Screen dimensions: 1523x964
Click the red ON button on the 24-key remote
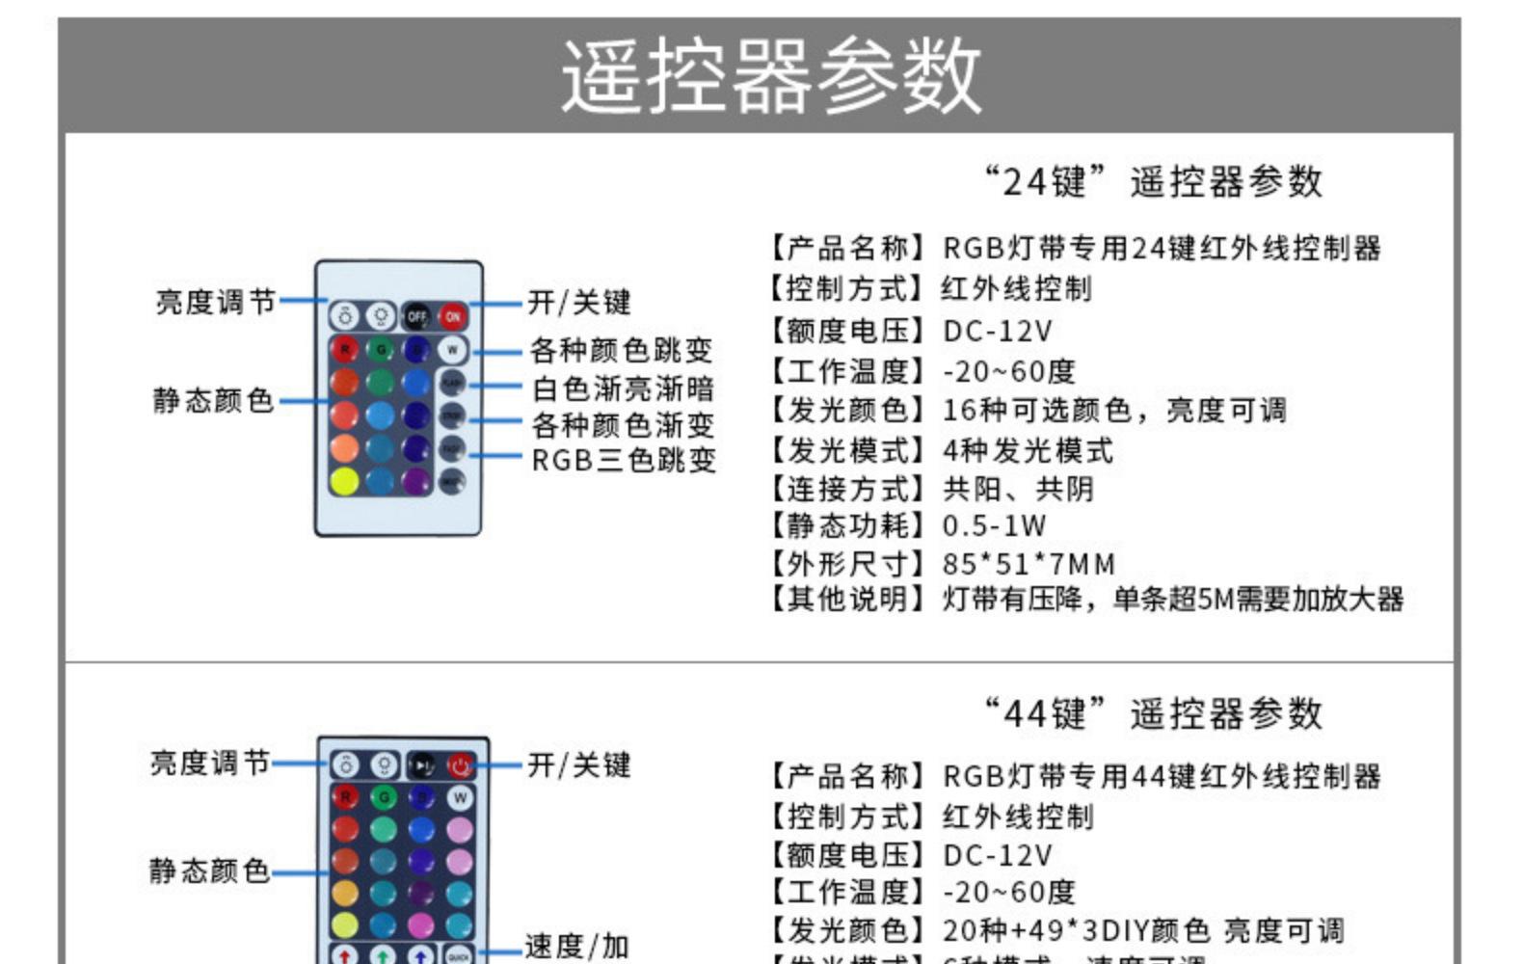point(453,316)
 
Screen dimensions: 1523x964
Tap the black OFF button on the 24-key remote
point(416,316)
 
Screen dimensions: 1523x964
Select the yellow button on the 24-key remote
point(344,480)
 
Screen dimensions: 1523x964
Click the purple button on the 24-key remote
point(416,480)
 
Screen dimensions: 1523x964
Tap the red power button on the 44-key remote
point(460,765)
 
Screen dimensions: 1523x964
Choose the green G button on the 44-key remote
point(384,797)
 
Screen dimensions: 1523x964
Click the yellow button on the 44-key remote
point(344,924)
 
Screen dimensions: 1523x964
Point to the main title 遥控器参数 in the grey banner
point(771,75)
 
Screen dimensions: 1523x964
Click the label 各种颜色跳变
point(622,349)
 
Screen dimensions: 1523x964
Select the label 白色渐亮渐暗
point(623,388)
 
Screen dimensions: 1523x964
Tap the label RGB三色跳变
point(624,460)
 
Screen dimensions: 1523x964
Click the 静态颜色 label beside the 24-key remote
point(213,399)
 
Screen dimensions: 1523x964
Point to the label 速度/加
point(576,946)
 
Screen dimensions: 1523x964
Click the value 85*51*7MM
point(1029,563)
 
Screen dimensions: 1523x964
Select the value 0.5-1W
point(994,525)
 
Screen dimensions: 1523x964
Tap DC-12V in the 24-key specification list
point(997,331)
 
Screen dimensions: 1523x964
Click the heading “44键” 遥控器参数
point(1153,713)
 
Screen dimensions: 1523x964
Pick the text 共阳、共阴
point(1018,489)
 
